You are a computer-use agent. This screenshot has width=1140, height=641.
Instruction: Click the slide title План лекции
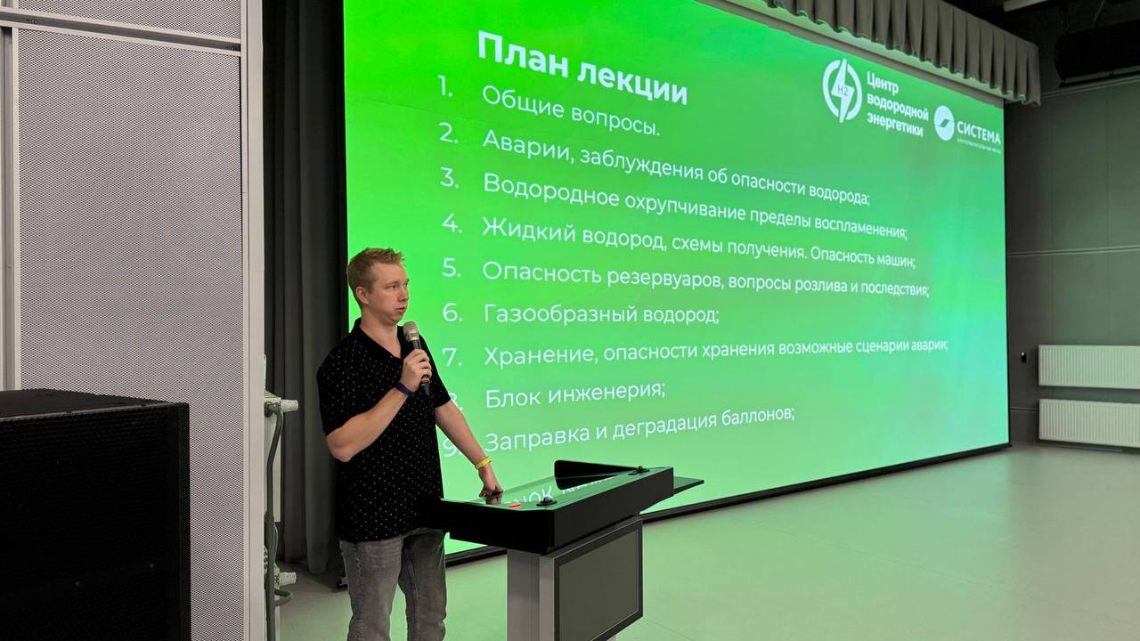(582, 69)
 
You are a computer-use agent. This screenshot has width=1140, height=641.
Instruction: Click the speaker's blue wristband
(403, 388)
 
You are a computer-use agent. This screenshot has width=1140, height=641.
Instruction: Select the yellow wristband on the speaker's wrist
(482, 463)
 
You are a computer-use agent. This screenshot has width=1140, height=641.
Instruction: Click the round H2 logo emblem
(841, 91)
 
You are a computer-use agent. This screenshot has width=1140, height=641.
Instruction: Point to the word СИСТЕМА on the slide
(978, 137)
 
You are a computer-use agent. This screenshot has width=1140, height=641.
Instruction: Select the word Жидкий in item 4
(527, 231)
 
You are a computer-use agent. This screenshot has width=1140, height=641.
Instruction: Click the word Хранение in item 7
(539, 355)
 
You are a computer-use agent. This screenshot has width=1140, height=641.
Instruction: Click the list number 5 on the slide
(452, 266)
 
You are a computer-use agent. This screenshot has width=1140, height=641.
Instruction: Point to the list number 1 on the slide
(445, 87)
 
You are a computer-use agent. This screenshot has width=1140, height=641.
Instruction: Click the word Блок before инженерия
(514, 397)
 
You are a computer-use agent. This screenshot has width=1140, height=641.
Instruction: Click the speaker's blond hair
(373, 263)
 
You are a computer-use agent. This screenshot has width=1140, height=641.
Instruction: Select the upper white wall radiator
(1088, 366)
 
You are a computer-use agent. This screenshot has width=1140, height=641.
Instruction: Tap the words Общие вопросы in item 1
(570, 111)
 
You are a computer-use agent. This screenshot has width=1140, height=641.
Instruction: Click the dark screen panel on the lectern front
(598, 580)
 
